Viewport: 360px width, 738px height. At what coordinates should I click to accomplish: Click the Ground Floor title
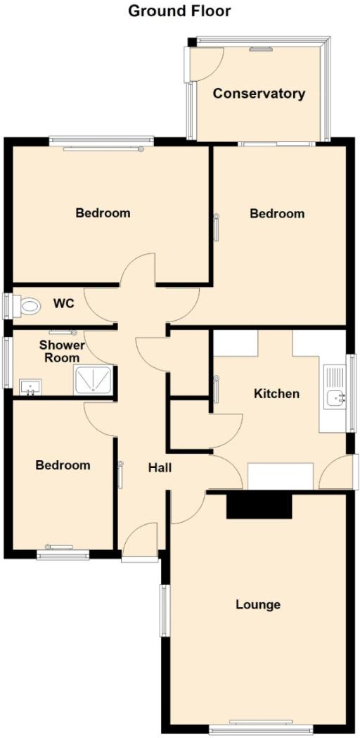tap(179, 11)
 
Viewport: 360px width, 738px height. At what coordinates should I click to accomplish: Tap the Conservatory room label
tap(259, 94)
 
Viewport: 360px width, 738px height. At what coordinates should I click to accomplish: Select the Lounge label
tap(258, 604)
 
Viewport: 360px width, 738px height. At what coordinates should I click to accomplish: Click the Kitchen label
tap(276, 393)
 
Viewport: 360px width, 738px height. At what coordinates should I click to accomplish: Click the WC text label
tap(64, 305)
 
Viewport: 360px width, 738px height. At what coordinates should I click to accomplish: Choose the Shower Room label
tap(61, 351)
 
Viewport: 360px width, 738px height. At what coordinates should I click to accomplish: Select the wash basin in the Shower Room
tap(31, 386)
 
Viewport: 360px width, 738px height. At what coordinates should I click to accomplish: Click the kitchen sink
tap(335, 399)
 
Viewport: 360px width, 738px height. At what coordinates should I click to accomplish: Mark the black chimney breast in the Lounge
tap(258, 506)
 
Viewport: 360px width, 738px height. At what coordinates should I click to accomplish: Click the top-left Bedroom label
tap(103, 212)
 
